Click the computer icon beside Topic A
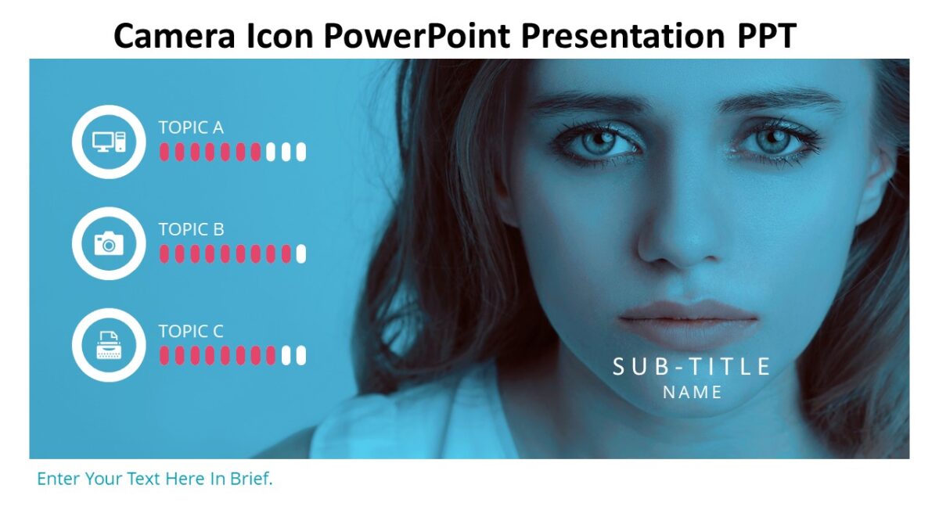coord(109,142)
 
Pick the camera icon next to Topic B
coord(109,243)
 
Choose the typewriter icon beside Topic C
coord(109,345)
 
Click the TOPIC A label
coord(191,128)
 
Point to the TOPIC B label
coord(191,229)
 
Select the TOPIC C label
coord(191,331)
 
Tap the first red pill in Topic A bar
coord(164,152)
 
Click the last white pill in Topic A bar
coord(301,152)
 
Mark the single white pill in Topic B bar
coord(301,253)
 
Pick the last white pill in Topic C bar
coord(301,355)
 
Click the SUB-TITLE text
coord(692,366)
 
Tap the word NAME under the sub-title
coord(693,393)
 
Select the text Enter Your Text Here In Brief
coord(155,479)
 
